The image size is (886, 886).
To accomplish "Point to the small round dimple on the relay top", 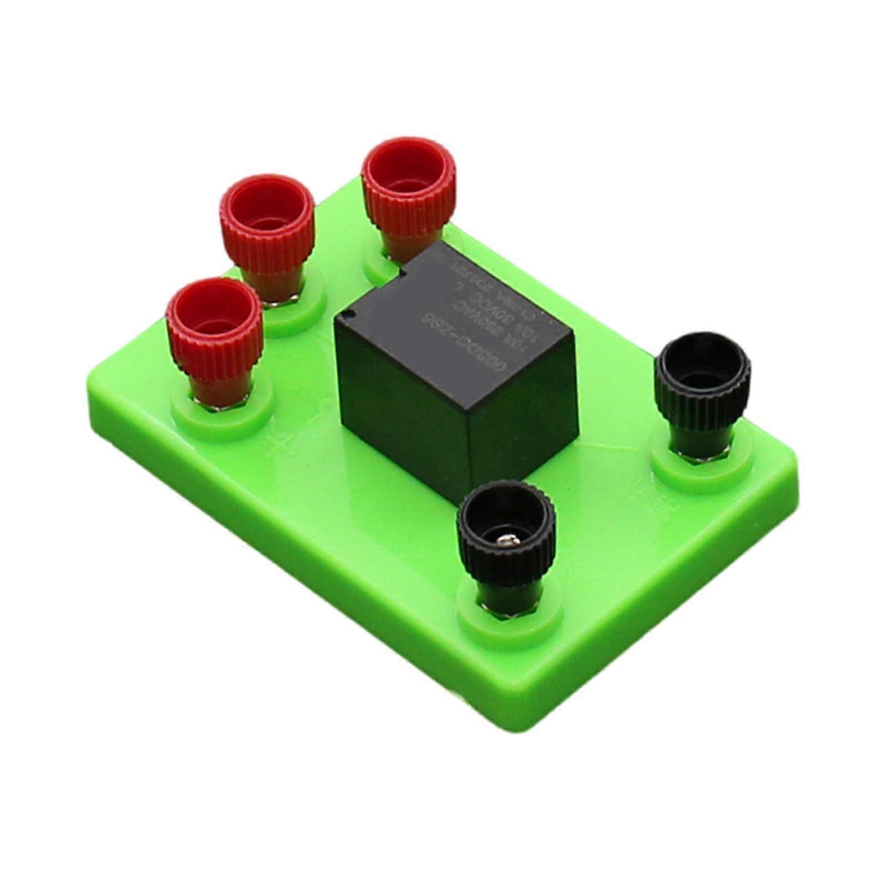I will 348,316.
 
